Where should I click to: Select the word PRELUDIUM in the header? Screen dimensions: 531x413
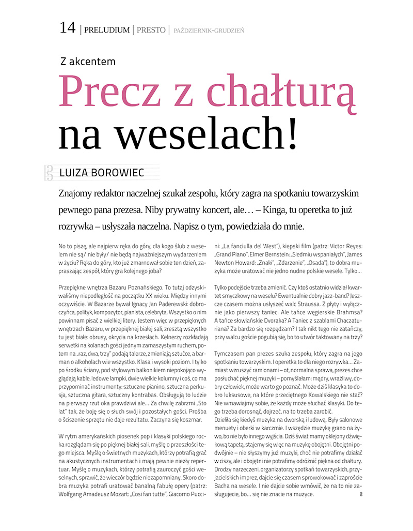pos(107,30)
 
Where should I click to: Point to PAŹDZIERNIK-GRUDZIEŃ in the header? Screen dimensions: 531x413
pos(209,31)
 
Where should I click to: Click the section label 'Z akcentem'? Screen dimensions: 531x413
pos(88,62)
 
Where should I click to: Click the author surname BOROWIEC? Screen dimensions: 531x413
pos(116,173)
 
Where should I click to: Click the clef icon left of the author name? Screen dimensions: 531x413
pos(50,173)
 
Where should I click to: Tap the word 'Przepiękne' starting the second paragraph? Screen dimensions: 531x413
pos(75,286)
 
